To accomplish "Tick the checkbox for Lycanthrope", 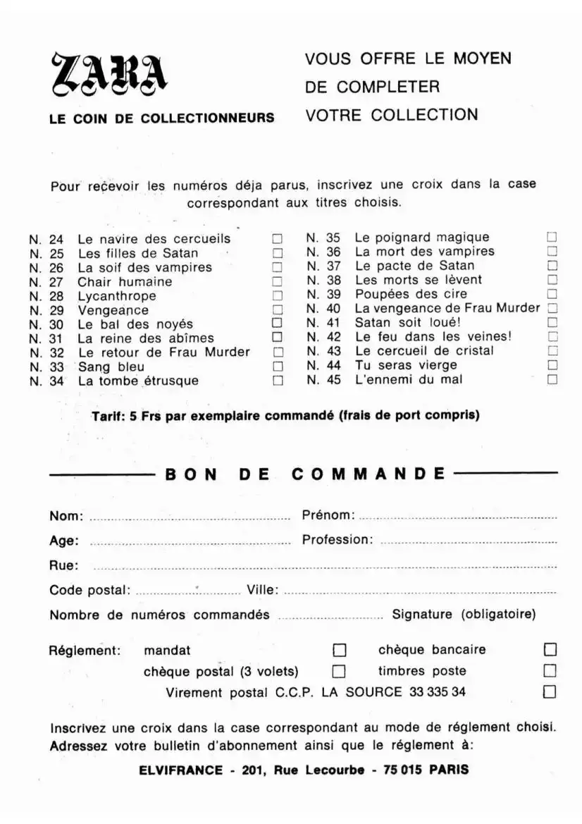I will [x=278, y=296].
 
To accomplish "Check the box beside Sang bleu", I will [x=278, y=367].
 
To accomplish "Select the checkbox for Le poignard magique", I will [x=552, y=238].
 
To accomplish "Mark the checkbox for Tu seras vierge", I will [x=552, y=365].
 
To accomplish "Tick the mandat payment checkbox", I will [x=339, y=649].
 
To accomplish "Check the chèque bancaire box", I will [x=550, y=649].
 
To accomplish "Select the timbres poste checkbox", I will [x=550, y=670].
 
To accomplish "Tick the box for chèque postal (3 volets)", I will [x=339, y=670].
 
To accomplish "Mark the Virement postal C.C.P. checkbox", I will [x=550, y=691].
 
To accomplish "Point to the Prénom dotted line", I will [x=458, y=518].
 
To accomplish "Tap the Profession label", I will [x=337, y=540].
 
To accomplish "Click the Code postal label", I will [x=89, y=590].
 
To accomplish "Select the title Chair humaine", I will [x=125, y=282].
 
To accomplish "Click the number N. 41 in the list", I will [x=323, y=322].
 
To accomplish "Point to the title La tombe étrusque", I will [x=138, y=381].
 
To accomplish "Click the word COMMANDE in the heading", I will [x=369, y=474].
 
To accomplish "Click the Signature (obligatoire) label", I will [x=464, y=614].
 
